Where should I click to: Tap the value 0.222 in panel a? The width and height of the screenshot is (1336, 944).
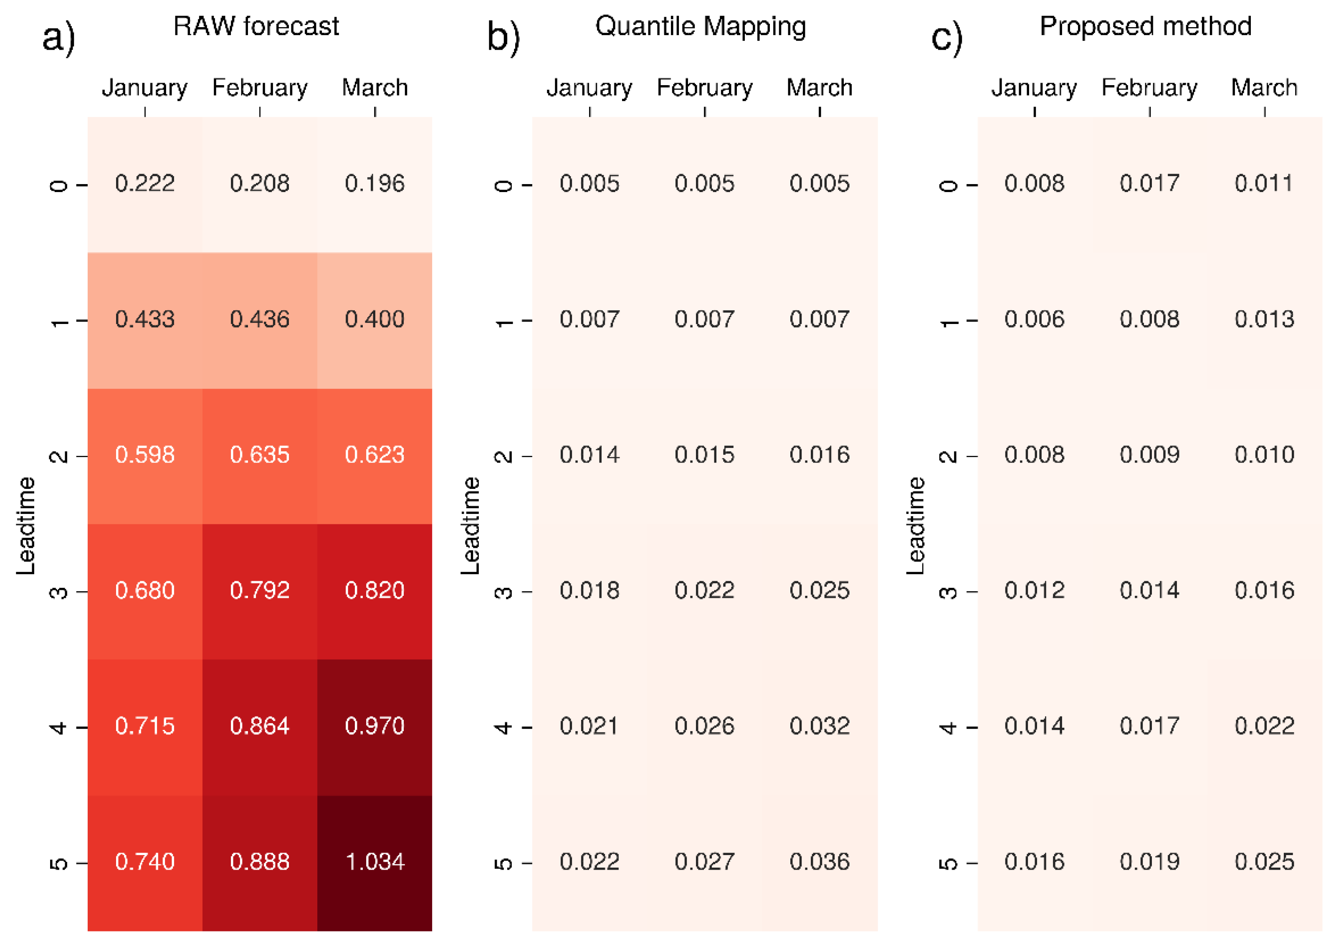[x=145, y=183]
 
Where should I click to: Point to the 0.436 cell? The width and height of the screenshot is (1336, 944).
[x=260, y=319]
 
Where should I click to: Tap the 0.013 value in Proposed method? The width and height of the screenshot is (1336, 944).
[x=1265, y=319]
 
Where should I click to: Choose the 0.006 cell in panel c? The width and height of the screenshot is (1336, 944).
[x=1034, y=319]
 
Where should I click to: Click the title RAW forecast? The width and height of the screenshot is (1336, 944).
[x=256, y=27]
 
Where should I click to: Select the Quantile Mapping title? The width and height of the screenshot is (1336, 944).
[x=701, y=27]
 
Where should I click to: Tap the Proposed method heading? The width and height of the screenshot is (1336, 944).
[x=1145, y=27]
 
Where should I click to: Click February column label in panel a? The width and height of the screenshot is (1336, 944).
[x=260, y=88]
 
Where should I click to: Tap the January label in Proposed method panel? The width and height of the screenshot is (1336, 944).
[x=1034, y=88]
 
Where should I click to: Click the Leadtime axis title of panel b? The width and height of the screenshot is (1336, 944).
[x=470, y=526]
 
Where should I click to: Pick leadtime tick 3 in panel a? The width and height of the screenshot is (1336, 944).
[x=58, y=592]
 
